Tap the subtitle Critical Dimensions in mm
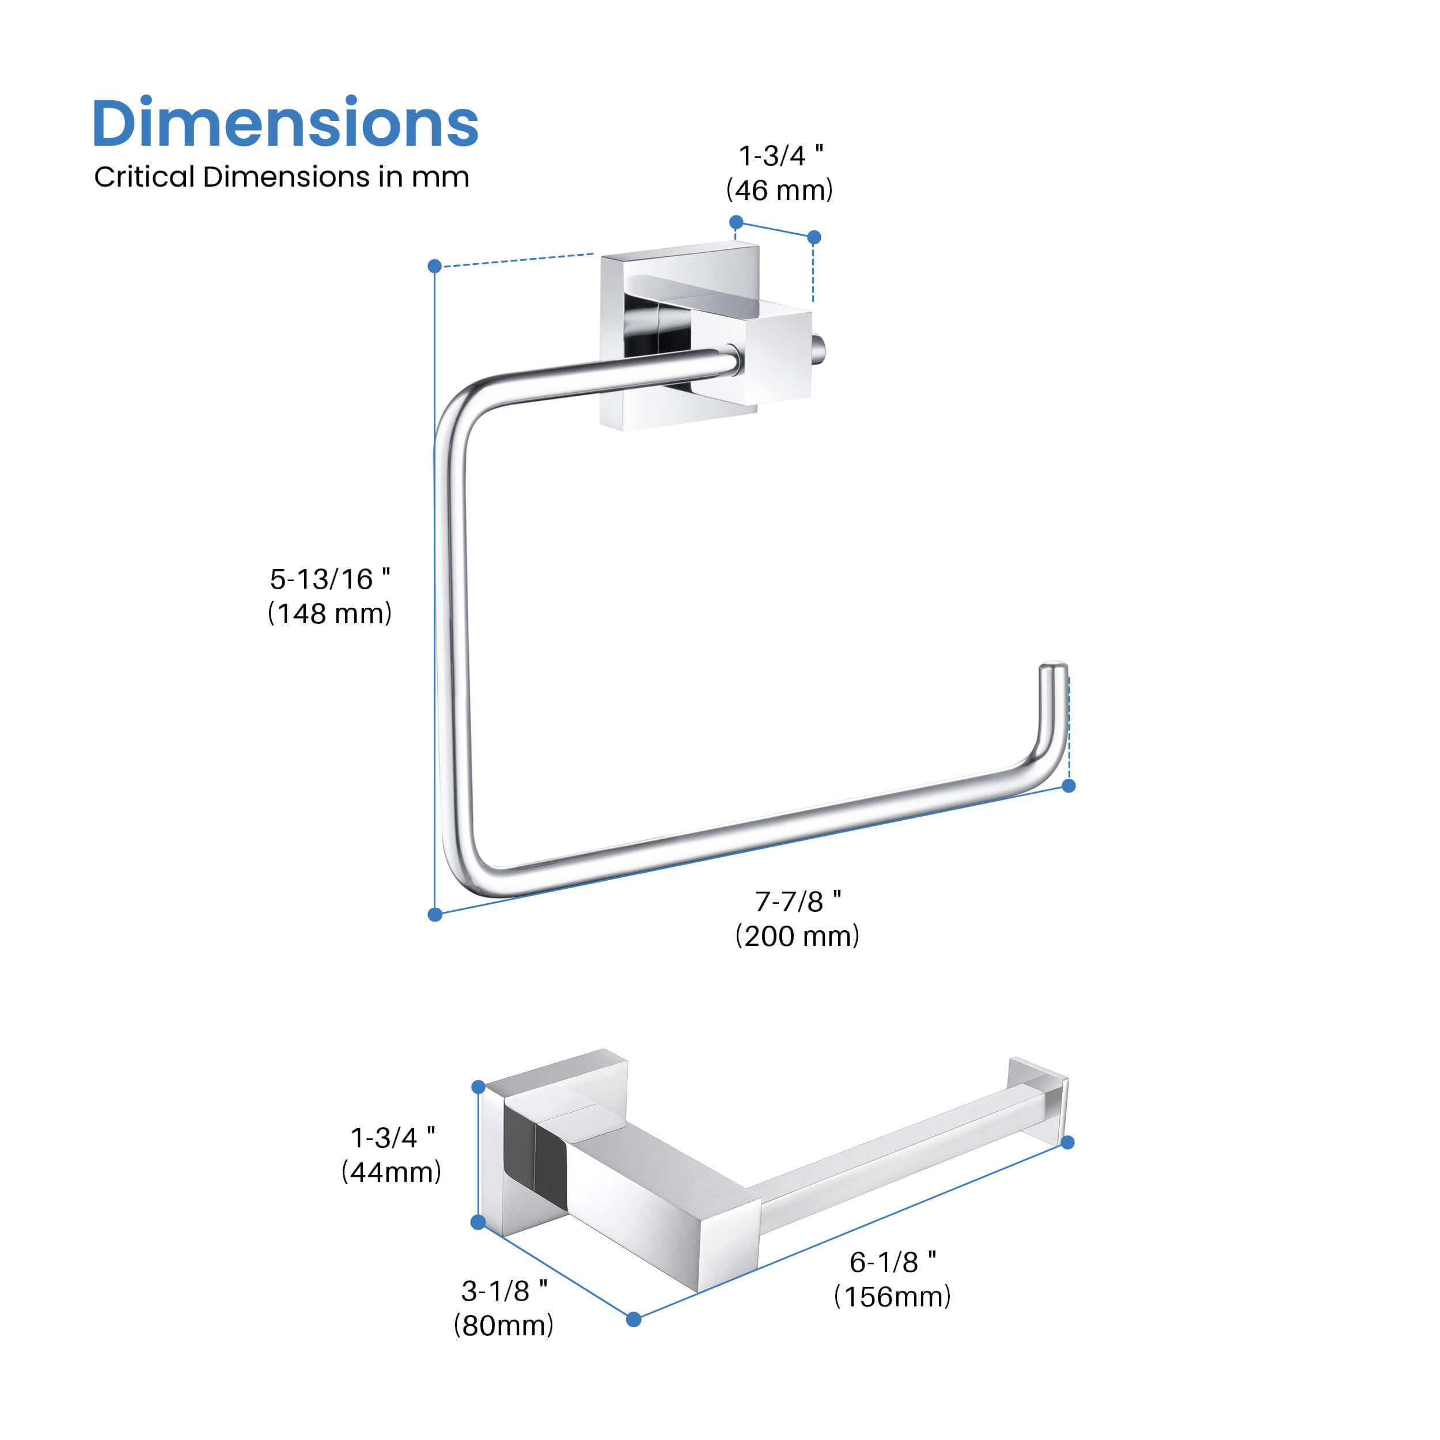tap(281, 177)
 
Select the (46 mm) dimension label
tap(780, 191)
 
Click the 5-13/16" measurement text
tap(329, 579)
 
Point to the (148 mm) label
tap(329, 613)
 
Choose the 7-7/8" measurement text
tap(798, 902)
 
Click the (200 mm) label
tap(798, 936)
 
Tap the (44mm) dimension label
tap(391, 1172)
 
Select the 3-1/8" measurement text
tap(504, 1291)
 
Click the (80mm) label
tap(504, 1325)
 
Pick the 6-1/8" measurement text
tap(892, 1262)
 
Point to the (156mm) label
tap(892, 1297)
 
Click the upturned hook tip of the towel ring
tap(1053, 671)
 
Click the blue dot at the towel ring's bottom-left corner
tap(435, 915)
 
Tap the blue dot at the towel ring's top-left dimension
tap(435, 266)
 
